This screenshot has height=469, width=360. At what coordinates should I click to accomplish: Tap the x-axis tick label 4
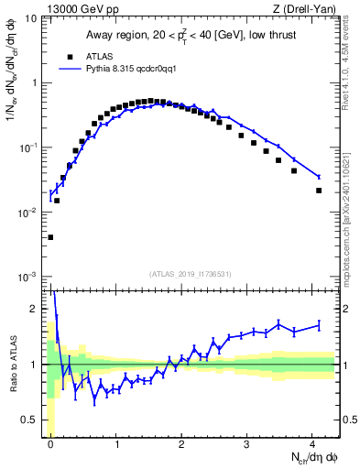pyautogui.click(x=312, y=443)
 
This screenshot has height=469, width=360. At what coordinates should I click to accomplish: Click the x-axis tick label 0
pyautogui.click(x=50, y=443)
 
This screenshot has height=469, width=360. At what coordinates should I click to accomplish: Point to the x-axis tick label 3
pyautogui.click(x=247, y=443)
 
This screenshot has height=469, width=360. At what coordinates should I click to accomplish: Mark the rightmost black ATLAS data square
pyautogui.click(x=319, y=191)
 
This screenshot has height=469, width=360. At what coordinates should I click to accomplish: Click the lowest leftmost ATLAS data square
pyautogui.click(x=50, y=237)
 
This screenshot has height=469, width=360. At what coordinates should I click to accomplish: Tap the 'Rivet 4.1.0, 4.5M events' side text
pyautogui.click(x=349, y=73)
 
